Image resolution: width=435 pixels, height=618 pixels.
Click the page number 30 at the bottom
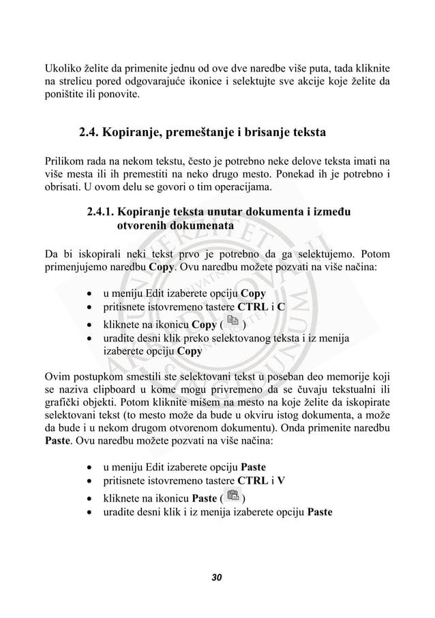[217, 578]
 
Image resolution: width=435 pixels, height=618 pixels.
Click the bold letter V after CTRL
[281, 481]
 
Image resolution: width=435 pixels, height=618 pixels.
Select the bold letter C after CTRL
[281, 307]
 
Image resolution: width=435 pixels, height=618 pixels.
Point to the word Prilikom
[64, 161]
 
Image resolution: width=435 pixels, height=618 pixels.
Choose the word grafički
[63, 402]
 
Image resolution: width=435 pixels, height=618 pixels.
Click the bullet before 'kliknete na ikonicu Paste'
[91, 498]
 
